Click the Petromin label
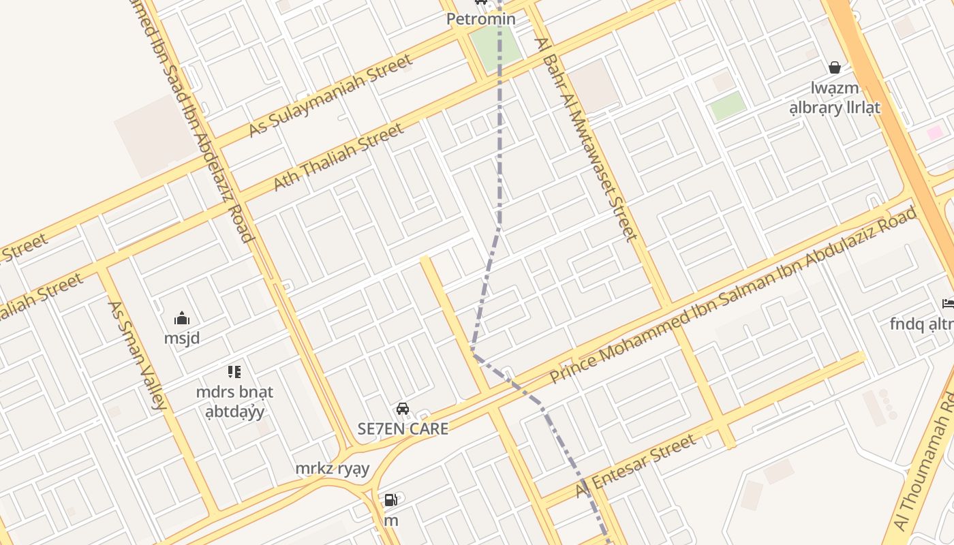click(480, 19)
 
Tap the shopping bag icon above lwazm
click(835, 67)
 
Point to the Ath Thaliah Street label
click(339, 157)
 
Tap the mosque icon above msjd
click(182, 319)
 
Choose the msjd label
click(182, 338)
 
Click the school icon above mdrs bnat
click(234, 372)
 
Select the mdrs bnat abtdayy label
click(234, 402)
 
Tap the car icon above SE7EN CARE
click(403, 409)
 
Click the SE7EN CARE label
click(403, 429)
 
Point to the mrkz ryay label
click(333, 469)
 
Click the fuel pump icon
click(390, 501)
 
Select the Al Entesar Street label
click(636, 465)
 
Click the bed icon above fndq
click(948, 303)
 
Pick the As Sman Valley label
click(137, 355)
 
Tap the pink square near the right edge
click(934, 133)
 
